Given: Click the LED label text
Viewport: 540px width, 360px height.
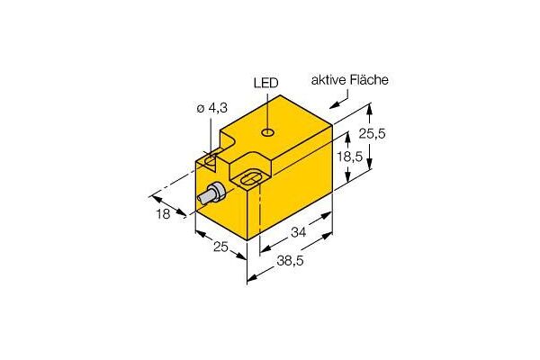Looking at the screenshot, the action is [x=265, y=83].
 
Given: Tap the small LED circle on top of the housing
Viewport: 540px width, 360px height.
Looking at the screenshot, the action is [x=268, y=132].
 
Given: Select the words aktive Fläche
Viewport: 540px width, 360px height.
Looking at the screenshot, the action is [x=349, y=80].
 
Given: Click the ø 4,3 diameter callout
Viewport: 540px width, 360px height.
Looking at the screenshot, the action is [x=211, y=109].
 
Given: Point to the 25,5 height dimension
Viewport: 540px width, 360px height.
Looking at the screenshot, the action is [x=373, y=133].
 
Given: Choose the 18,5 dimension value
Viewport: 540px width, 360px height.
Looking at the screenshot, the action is [x=349, y=157].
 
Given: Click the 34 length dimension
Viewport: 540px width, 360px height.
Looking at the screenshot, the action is [x=298, y=232].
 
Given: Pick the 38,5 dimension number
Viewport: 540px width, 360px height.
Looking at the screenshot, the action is [x=290, y=261].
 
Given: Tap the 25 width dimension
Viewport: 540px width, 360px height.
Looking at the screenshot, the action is [x=220, y=247].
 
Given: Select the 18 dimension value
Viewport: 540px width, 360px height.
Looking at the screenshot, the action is [x=163, y=214].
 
